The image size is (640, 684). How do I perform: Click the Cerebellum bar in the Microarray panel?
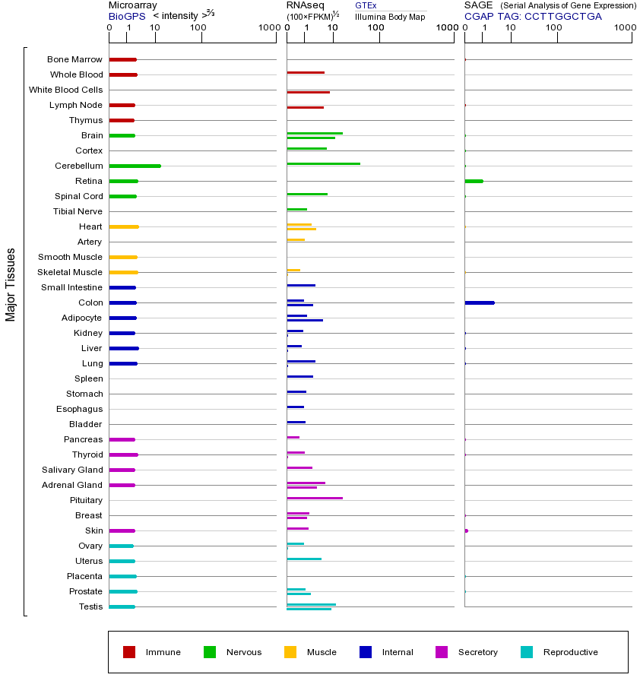135,166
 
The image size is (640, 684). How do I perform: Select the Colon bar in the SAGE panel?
479,302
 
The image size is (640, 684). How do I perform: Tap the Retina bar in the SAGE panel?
474,181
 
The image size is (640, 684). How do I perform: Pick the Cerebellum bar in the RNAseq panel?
323,163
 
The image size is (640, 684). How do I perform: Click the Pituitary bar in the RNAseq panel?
315,498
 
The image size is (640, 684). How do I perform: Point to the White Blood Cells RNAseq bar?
308,92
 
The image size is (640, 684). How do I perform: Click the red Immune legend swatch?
129,652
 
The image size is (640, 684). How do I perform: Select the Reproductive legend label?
570,652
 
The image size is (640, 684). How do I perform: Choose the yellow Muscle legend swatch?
290,652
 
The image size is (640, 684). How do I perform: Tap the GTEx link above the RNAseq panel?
366,5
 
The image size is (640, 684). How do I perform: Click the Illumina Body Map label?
390,16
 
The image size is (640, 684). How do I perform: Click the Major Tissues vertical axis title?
11,284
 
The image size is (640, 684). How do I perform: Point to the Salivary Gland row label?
71,470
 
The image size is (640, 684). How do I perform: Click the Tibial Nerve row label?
78,211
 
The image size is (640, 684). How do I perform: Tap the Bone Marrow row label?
74,59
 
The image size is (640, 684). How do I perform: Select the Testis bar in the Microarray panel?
122,606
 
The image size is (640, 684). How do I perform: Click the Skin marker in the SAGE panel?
466,530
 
